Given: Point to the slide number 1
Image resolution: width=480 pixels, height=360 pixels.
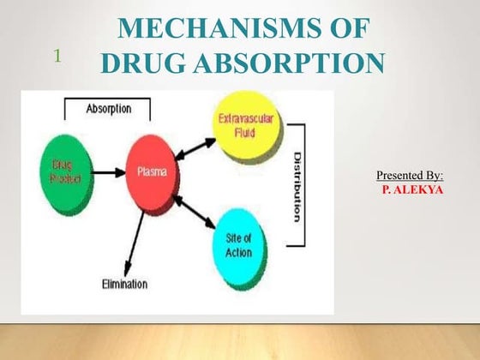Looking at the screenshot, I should (x=57, y=57).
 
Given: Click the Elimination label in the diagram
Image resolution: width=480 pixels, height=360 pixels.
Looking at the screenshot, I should (x=125, y=284).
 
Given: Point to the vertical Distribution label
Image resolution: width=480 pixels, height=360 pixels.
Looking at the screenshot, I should (x=297, y=188).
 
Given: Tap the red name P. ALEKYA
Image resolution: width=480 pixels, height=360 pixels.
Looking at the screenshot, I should (x=412, y=189).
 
